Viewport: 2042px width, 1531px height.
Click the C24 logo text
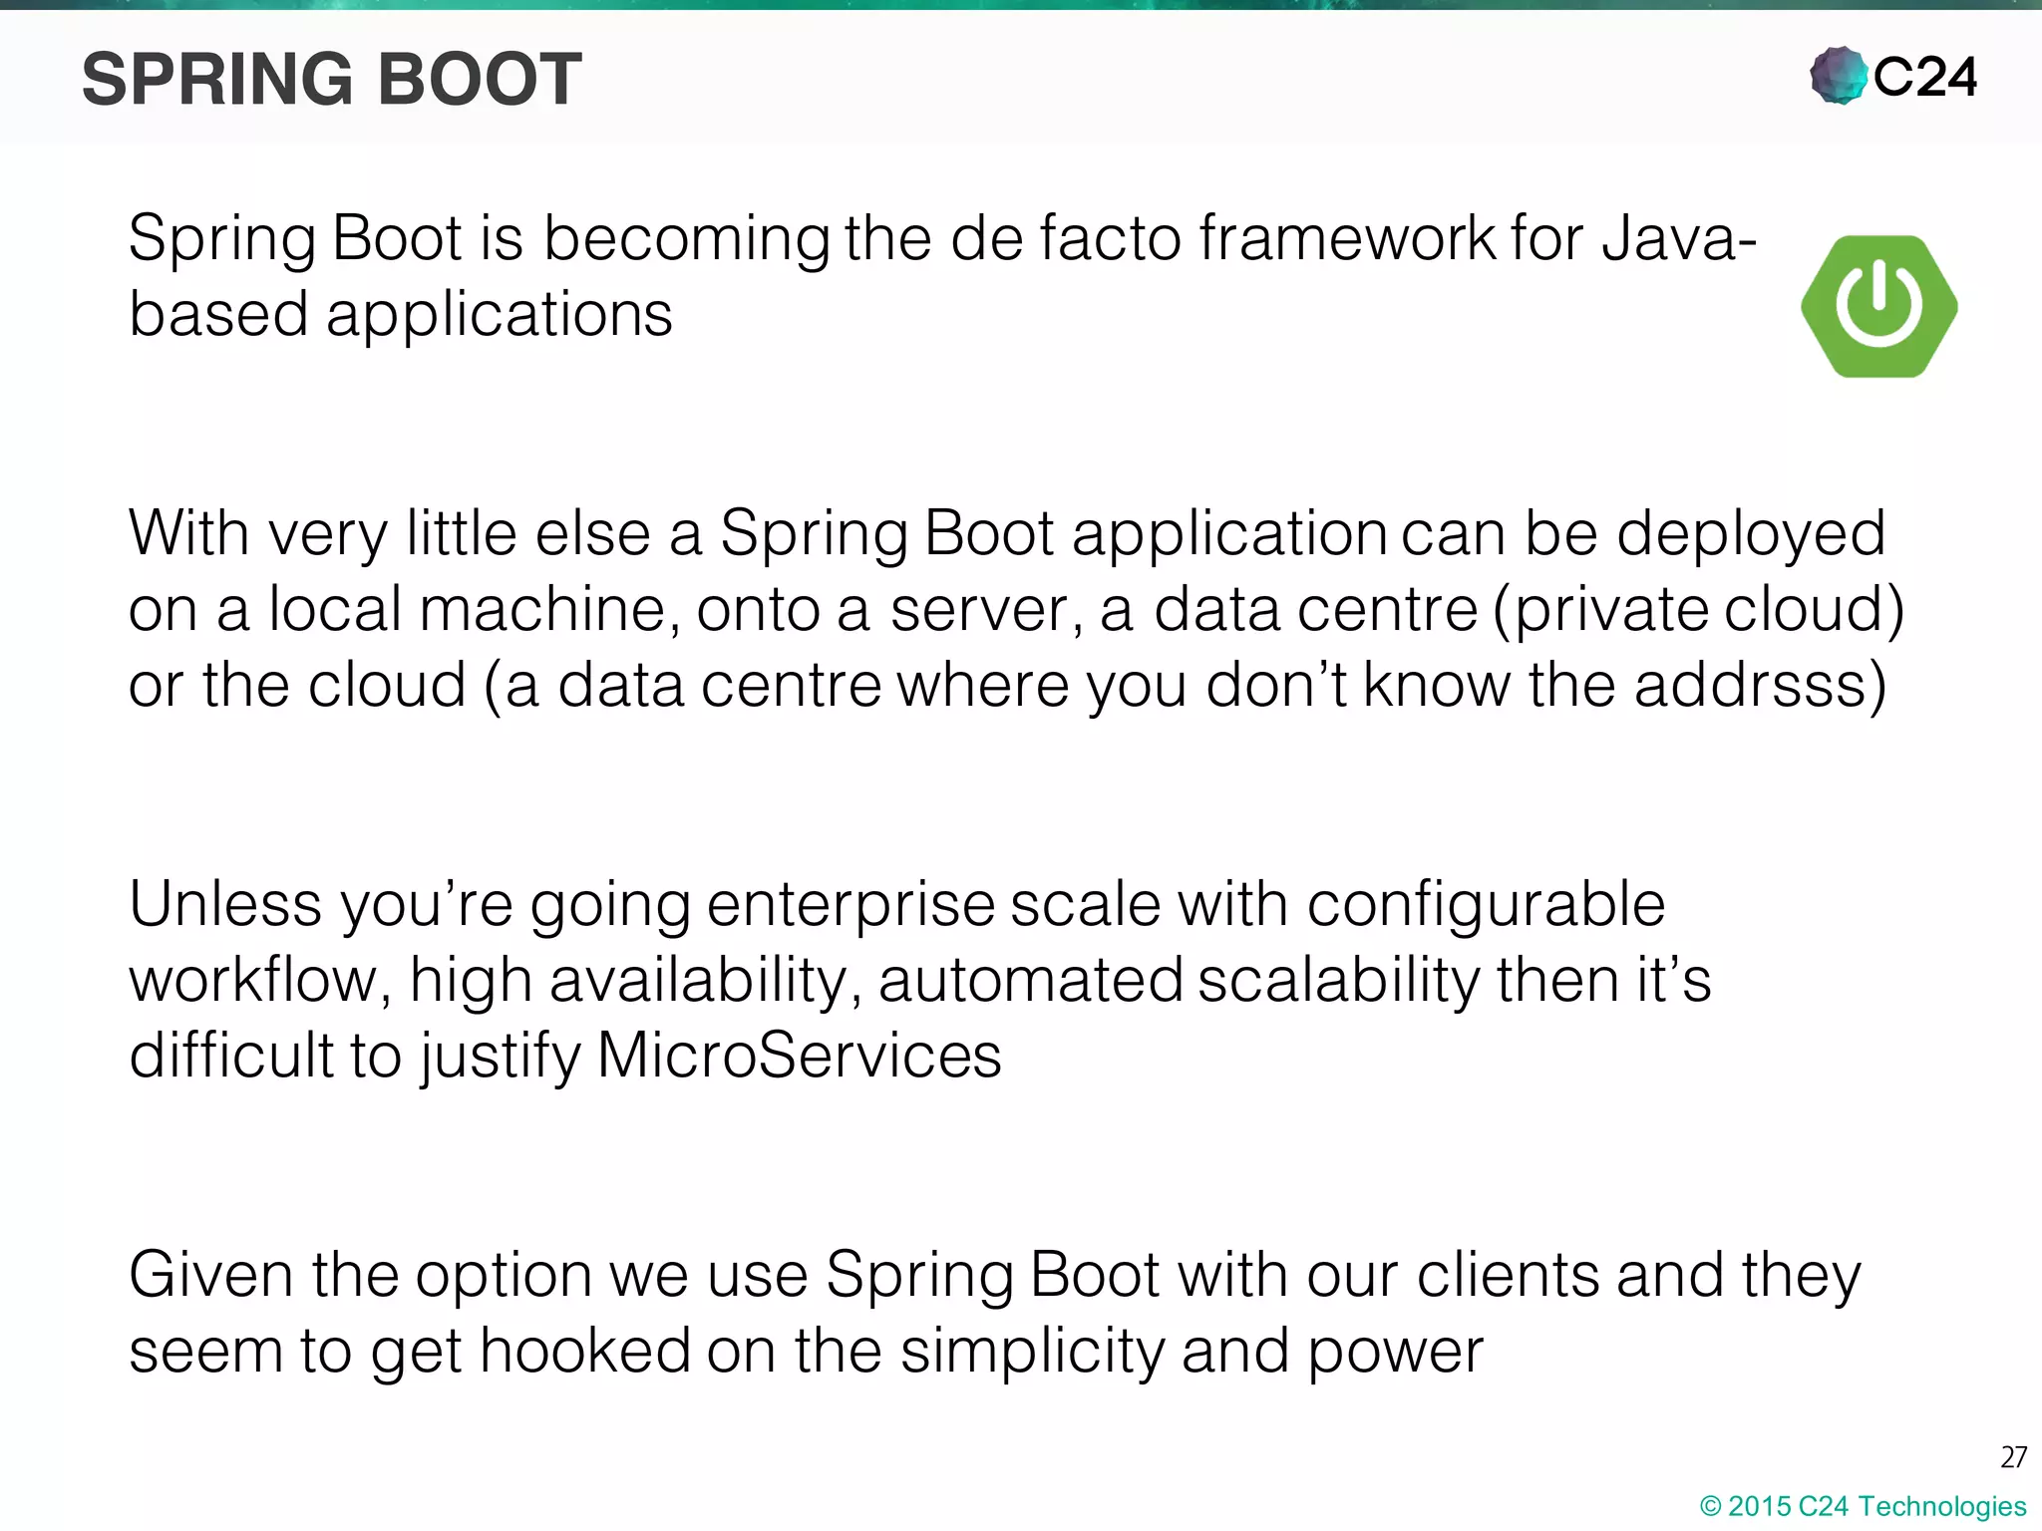click(1924, 78)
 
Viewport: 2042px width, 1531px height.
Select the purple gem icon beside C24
click(1838, 76)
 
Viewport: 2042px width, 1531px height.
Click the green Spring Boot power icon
click(1879, 306)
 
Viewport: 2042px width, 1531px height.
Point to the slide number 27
click(2013, 1457)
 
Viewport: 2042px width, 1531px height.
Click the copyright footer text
click(1863, 1506)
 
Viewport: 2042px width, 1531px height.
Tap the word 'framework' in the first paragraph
click(1346, 239)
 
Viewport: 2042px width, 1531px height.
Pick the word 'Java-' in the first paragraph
click(1679, 239)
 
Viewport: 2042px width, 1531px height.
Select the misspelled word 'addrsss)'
click(1760, 686)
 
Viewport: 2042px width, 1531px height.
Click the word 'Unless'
click(225, 905)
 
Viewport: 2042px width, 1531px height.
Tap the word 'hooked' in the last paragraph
click(584, 1352)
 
